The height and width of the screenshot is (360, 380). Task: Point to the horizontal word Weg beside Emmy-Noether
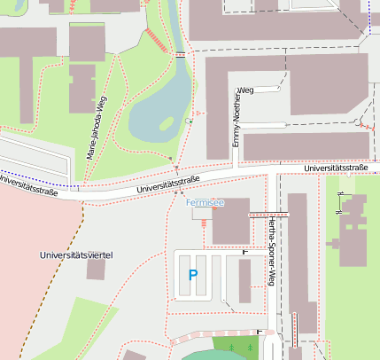(246, 90)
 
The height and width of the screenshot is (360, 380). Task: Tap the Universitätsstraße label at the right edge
(335, 168)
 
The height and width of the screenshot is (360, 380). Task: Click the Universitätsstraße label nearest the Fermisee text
(168, 184)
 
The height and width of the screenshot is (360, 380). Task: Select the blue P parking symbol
(193, 276)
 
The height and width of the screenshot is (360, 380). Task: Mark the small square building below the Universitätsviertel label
(95, 270)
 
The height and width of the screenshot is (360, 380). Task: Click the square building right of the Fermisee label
(231, 220)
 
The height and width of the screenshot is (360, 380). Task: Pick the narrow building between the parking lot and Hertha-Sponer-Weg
(244, 281)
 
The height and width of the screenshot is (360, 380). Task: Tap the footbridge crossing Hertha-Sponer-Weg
(268, 215)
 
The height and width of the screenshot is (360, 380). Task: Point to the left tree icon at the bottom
(231, 346)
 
